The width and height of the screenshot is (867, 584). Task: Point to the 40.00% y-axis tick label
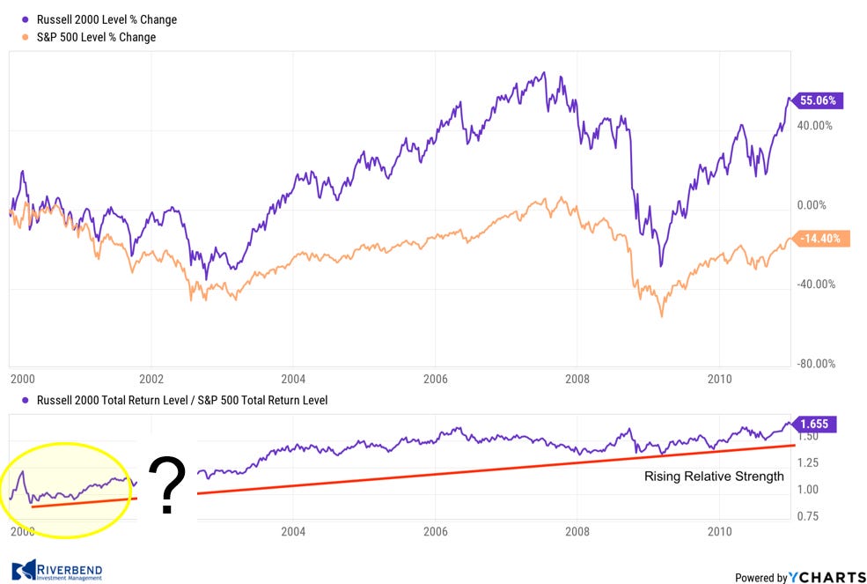point(814,126)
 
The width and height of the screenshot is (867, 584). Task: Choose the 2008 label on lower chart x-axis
point(577,532)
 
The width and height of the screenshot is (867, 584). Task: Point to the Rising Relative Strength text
point(714,477)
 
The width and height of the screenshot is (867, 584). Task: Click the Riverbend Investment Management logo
point(57,572)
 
